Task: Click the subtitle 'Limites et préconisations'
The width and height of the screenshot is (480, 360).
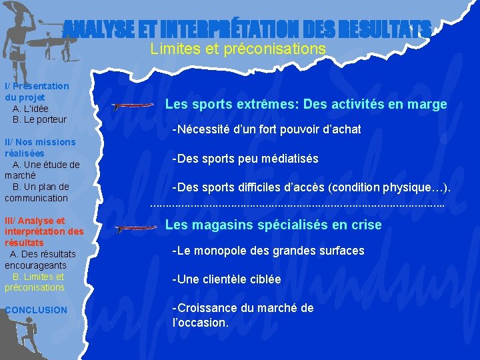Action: [238, 49]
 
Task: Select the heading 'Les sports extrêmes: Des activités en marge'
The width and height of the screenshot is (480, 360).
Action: [306, 105]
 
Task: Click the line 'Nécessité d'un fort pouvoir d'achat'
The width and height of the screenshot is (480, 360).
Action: [267, 129]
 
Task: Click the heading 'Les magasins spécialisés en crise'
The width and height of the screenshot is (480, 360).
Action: [273, 225]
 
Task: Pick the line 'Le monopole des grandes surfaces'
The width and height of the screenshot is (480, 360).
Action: [268, 251]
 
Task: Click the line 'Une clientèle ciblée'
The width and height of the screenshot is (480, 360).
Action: [227, 279]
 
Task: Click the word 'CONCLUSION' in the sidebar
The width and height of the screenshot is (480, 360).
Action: [36, 310]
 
